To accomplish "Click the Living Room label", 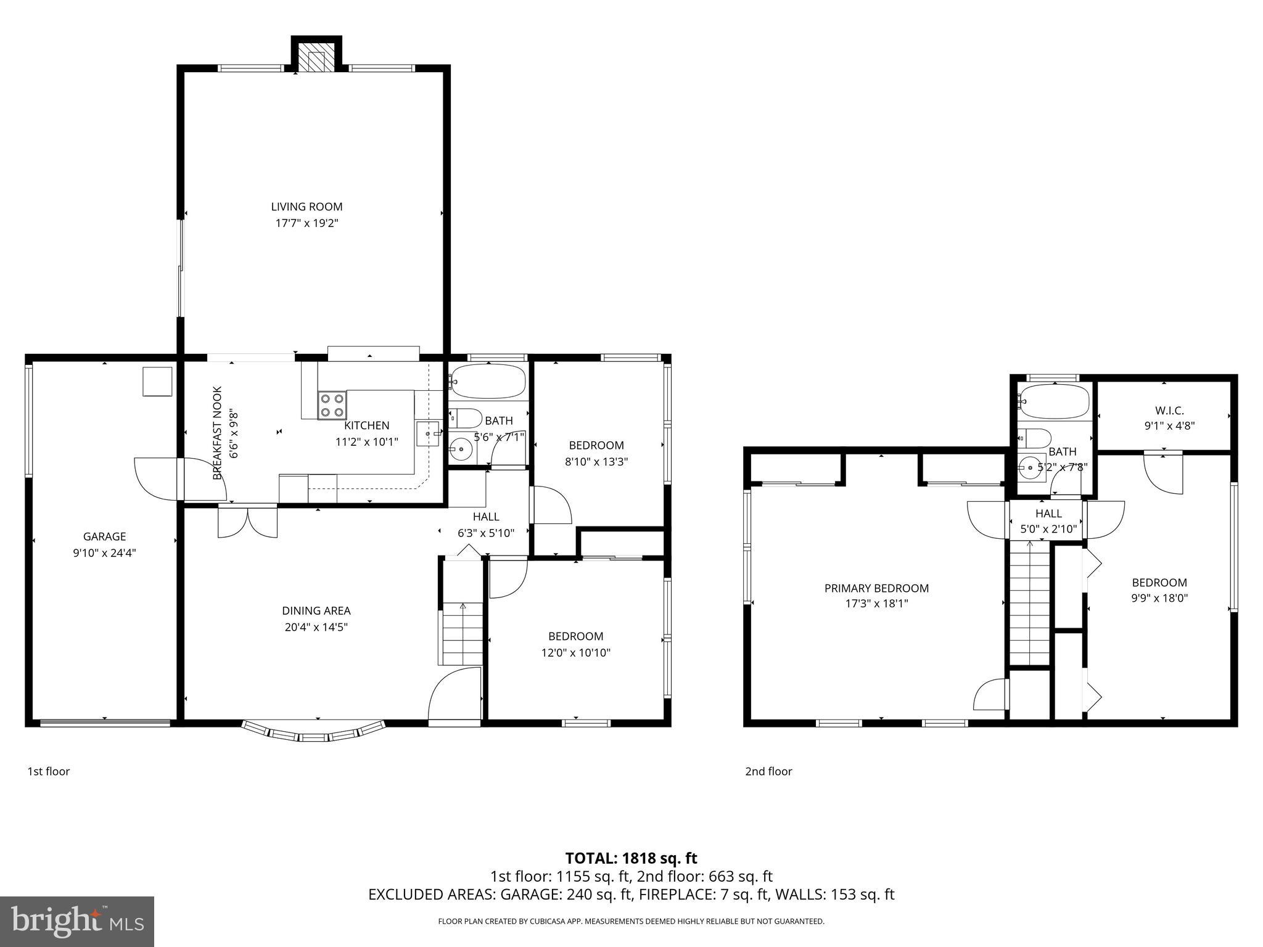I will [x=306, y=207].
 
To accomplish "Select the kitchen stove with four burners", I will [x=332, y=405].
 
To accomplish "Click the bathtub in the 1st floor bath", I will [x=487, y=381].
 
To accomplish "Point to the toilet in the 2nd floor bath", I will [x=1035, y=438].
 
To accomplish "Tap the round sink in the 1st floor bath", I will [x=460, y=449].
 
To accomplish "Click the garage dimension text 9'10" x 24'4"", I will [x=104, y=553].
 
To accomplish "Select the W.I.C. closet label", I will [x=1169, y=410].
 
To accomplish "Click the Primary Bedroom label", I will [x=876, y=588].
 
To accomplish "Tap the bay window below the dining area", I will [x=315, y=733].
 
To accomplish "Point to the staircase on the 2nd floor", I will [x=1029, y=604].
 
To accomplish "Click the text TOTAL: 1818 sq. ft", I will [x=631, y=858].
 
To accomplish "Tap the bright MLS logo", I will [x=77, y=921].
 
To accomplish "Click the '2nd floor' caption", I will [x=768, y=771].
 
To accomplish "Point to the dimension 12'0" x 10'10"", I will [x=575, y=652].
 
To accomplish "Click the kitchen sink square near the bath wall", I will [x=427, y=433].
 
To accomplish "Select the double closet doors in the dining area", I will [x=247, y=521].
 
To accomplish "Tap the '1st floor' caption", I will [x=49, y=771].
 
